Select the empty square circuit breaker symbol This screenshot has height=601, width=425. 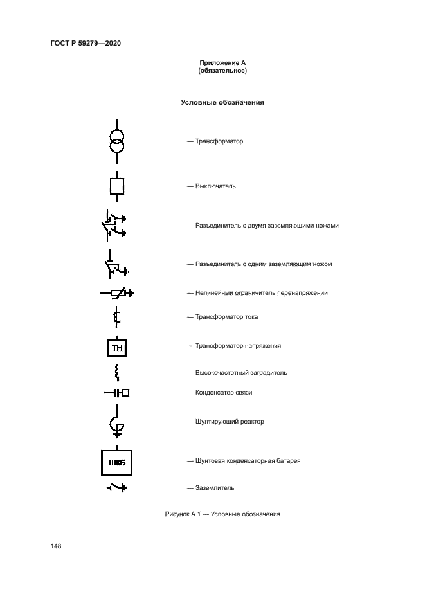[116, 186]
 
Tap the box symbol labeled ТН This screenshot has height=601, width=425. [116, 348]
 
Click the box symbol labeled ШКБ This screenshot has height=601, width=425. [116, 462]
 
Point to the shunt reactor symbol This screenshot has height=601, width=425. [116, 424]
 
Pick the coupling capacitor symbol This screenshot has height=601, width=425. [116, 393]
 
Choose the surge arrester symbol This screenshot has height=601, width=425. [116, 294]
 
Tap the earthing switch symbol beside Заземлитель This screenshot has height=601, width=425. [116, 489]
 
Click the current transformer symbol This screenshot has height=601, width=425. [116, 317]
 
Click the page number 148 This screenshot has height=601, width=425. [56, 546]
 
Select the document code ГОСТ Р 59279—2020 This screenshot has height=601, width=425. [86, 43]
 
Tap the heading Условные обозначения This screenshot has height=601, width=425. [222, 102]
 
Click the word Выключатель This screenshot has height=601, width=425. [215, 186]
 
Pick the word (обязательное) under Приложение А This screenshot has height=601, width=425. [222, 71]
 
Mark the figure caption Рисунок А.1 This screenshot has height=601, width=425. [222, 514]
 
